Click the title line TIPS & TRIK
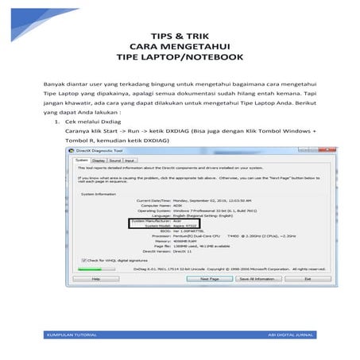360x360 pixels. [180, 35]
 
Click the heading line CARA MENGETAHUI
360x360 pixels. [180, 46]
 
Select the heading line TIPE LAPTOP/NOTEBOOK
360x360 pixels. [180, 57]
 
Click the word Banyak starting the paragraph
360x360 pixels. [54, 83]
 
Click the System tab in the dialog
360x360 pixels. [80, 160]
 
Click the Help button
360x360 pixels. [95, 279]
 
